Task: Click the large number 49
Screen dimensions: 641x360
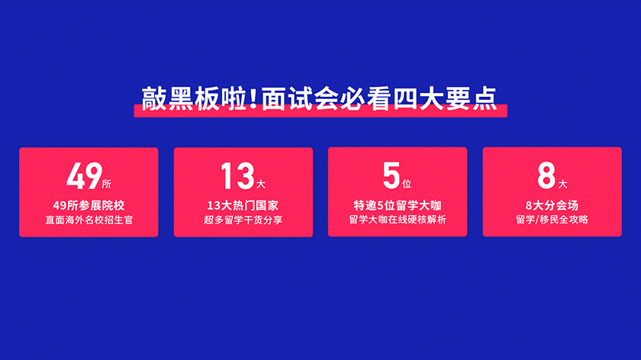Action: [84, 176]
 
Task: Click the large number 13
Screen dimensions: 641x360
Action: [237, 176]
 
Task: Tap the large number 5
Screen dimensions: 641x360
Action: [391, 175]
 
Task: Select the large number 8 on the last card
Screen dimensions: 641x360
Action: [546, 175]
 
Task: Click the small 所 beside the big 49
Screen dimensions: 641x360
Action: [107, 185]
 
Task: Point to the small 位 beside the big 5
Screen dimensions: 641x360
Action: [407, 184]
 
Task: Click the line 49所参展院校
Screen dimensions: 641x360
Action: [89, 205]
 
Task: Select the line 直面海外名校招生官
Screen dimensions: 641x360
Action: [89, 220]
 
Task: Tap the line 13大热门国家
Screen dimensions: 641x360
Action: [243, 205]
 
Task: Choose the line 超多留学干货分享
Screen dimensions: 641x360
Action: [243, 220]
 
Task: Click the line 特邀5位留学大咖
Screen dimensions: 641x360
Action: [398, 205]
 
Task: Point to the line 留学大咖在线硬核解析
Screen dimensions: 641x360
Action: [398, 220]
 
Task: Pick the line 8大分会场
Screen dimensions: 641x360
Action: [552, 205]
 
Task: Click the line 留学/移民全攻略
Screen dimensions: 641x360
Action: [552, 220]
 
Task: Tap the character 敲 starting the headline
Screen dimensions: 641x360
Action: [154, 98]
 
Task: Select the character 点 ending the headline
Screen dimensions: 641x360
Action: [485, 98]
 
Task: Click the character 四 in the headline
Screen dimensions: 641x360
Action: [405, 98]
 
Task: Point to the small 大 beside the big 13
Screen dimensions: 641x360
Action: [261, 185]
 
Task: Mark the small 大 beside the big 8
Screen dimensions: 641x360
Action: [563, 185]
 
